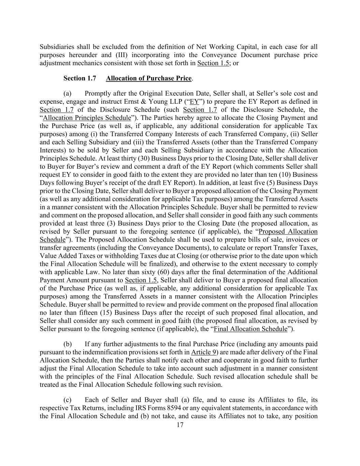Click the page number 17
tap(180, 425)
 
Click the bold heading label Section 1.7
tap(80, 79)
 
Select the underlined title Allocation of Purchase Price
tap(148, 79)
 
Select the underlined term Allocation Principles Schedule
tap(87, 118)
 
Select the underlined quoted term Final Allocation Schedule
tap(255, 329)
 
